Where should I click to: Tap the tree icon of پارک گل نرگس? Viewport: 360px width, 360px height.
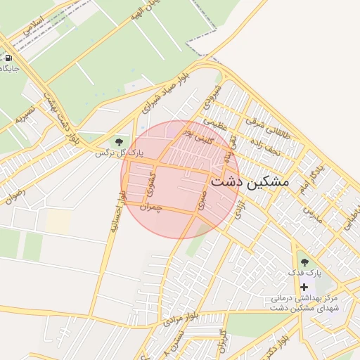pos(118,141)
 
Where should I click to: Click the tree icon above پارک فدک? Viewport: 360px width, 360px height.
pos(304,262)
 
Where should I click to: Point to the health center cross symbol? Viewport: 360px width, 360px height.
pos(304,287)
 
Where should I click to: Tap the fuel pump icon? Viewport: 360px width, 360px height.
pos(8,58)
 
